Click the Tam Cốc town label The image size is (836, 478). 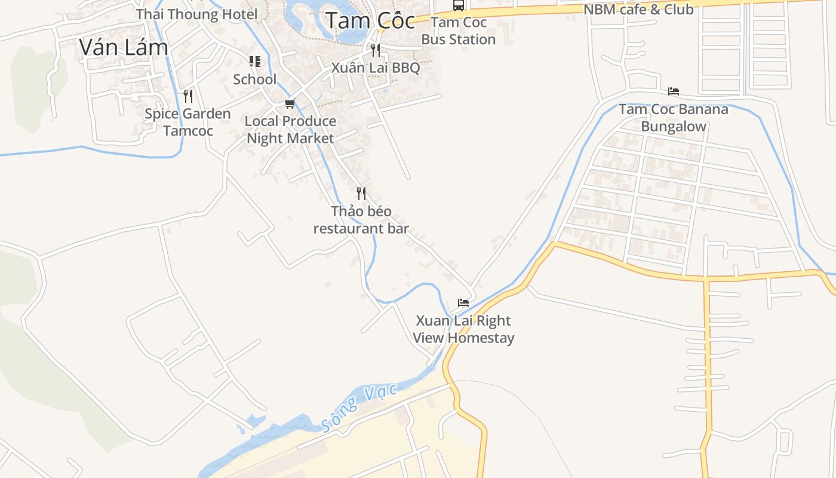pos(370,21)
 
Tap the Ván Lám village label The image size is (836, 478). pos(124,47)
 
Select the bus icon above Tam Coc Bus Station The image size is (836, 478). pos(459,5)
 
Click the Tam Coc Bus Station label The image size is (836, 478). pos(459,31)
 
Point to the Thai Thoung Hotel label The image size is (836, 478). pos(197,14)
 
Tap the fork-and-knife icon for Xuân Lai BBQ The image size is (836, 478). pos(376,50)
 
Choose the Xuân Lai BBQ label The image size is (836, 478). pos(376,68)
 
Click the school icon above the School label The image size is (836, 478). pos(255,62)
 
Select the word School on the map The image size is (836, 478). pos(255,79)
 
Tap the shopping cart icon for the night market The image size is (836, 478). pos(290,104)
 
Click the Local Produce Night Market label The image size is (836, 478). pos(291,130)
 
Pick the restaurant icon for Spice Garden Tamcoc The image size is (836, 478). pos(188,96)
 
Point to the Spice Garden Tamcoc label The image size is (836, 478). pos(188,122)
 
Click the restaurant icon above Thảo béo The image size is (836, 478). pos(361,193)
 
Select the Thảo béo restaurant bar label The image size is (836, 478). pos(361,220)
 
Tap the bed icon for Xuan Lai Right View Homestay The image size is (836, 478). pos(463,303)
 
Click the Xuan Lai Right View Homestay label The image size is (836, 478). pos(463,329)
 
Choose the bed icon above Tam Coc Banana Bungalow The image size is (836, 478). pos(674,91)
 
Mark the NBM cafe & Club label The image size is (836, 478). pos(638,10)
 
